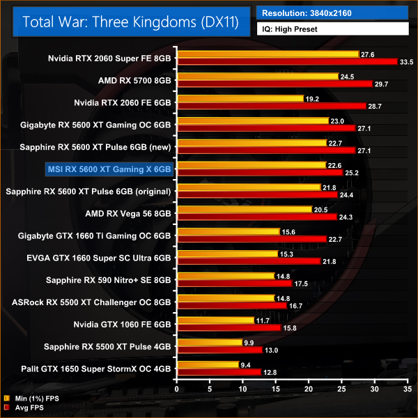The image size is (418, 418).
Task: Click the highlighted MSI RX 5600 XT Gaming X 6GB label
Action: [109, 169]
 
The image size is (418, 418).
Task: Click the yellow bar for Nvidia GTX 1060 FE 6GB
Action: [216, 320]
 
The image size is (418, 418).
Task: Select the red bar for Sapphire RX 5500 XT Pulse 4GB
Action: [220, 350]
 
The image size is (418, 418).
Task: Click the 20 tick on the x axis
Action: [309, 388]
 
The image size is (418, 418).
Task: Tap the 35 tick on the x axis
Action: [406, 388]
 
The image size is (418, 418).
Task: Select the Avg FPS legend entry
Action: [29, 408]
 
